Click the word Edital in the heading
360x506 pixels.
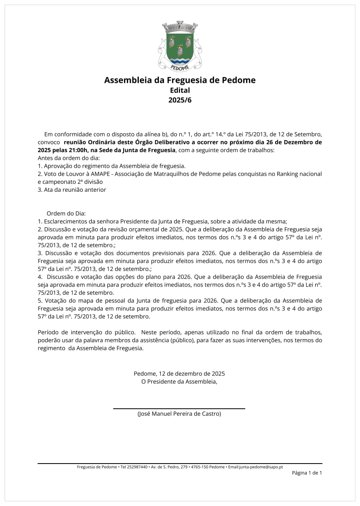(180, 90)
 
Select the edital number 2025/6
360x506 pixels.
(180, 100)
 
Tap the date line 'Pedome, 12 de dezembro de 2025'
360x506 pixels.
(179, 373)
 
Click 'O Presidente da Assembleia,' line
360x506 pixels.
(179, 382)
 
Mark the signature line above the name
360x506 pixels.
(179, 409)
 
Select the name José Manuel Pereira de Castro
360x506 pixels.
(179, 414)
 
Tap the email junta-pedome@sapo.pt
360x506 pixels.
(261, 467)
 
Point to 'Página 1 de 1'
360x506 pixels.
(307, 473)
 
